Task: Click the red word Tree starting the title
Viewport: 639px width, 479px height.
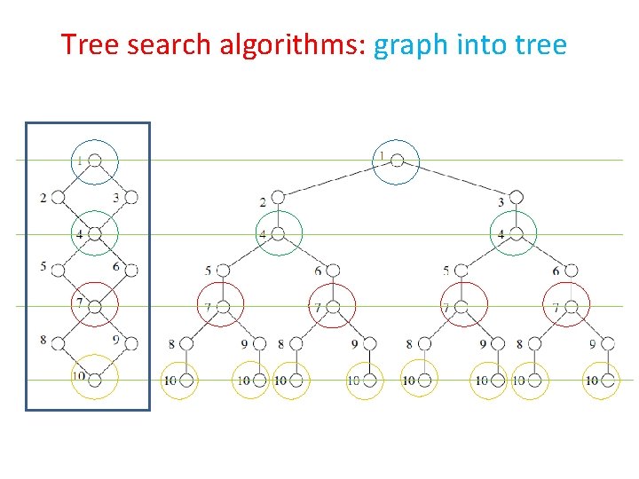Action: (90, 43)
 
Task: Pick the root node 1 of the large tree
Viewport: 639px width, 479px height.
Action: (398, 161)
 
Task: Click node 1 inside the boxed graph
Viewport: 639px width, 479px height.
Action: (95, 161)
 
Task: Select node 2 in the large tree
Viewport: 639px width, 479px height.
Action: (278, 197)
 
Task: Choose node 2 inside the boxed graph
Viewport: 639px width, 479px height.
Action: (59, 197)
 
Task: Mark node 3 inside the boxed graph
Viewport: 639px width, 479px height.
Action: (131, 197)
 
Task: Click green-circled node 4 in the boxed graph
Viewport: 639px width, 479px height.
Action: (95, 234)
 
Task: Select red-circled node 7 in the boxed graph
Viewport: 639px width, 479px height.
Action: (95, 306)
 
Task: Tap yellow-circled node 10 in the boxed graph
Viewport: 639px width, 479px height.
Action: (95, 378)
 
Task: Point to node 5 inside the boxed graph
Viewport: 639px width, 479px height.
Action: (59, 269)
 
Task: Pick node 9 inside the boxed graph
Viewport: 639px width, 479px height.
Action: (131, 342)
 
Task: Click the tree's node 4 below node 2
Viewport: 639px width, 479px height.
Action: (278, 234)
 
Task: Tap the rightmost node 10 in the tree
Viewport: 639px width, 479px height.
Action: (608, 381)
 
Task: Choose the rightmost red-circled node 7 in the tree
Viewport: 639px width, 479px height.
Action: (571, 307)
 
